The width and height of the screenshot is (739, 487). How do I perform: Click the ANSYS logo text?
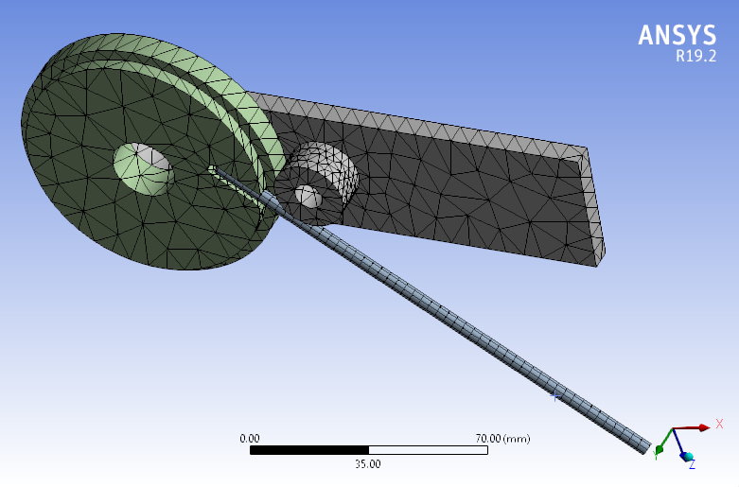pos(677,35)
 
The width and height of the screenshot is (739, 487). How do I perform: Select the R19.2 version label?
pos(695,56)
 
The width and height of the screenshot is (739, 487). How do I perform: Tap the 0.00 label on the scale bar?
pos(250,439)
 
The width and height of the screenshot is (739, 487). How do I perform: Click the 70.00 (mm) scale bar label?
pos(502,439)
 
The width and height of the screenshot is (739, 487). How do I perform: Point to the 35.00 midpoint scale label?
pos(368,464)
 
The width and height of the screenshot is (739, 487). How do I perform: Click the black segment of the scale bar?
pos(308,451)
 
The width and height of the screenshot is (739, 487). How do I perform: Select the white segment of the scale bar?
pos(428,451)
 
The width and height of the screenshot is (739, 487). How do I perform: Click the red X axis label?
pos(720,425)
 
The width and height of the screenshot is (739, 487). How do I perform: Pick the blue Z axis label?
pos(692,464)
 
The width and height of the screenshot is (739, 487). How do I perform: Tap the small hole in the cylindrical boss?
pos(307,196)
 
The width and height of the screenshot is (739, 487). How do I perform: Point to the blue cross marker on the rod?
pos(556,397)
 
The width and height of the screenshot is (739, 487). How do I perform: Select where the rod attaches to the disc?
pos(214,170)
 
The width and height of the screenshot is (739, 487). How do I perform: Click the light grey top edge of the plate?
pos(416,123)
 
